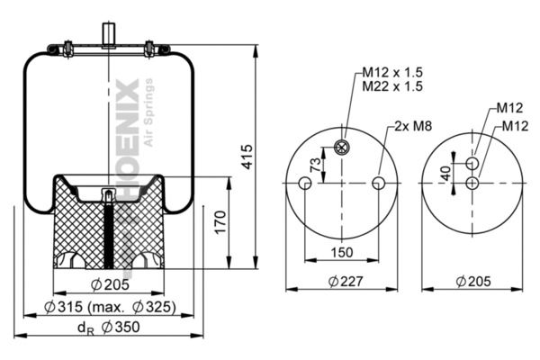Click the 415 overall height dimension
tap(247, 157)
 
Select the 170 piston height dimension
tap(220, 222)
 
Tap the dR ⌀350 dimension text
tap(109, 328)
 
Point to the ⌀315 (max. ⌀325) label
tap(110, 307)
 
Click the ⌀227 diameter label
tap(346, 282)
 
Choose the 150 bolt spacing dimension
tap(342, 253)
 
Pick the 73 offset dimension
tap(316, 165)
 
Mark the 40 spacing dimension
tap(446, 174)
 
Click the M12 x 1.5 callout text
tap(392, 72)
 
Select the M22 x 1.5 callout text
tap(392, 86)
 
